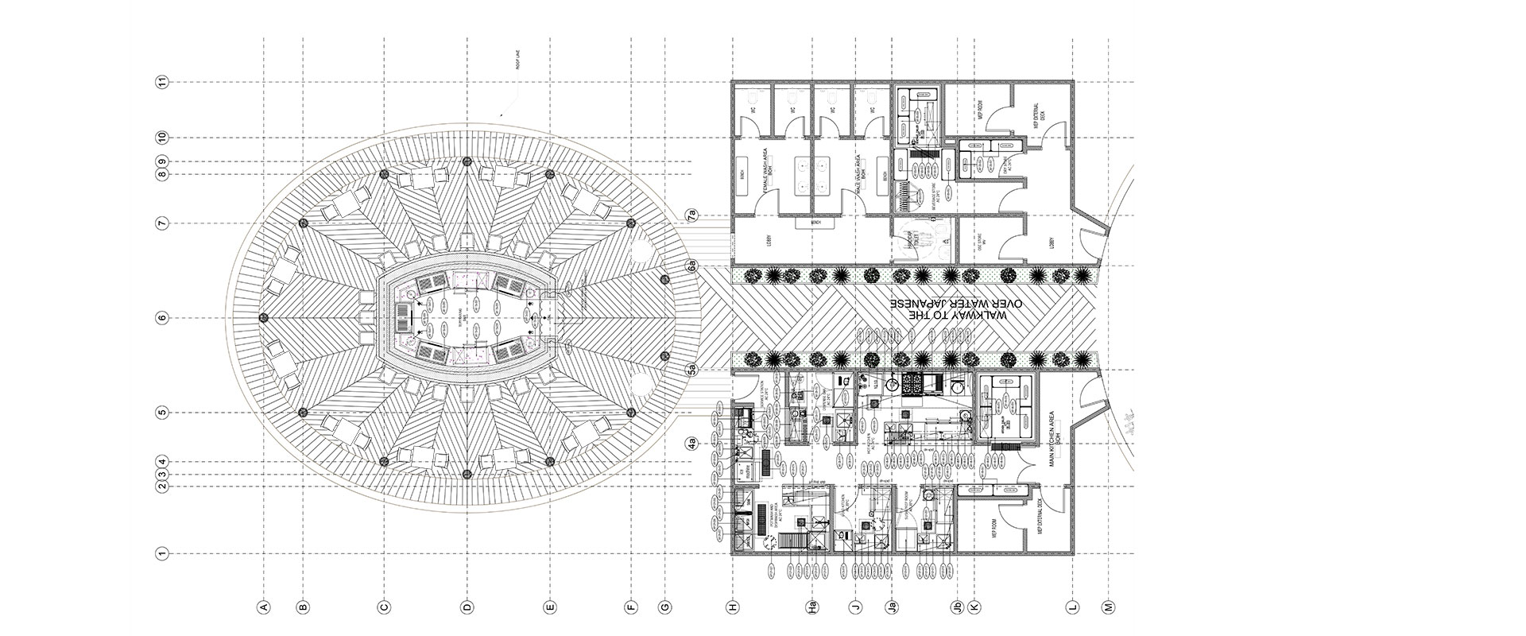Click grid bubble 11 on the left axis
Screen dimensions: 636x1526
(x=163, y=82)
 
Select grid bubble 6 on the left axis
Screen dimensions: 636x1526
(x=163, y=318)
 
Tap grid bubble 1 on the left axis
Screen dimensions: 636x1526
(x=163, y=553)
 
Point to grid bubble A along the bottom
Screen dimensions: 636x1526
(x=264, y=607)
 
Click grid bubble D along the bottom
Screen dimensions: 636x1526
(x=467, y=607)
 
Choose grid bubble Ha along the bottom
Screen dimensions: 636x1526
(x=812, y=607)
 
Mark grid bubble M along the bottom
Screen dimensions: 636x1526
(x=1108, y=607)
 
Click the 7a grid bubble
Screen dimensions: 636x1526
(x=691, y=215)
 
